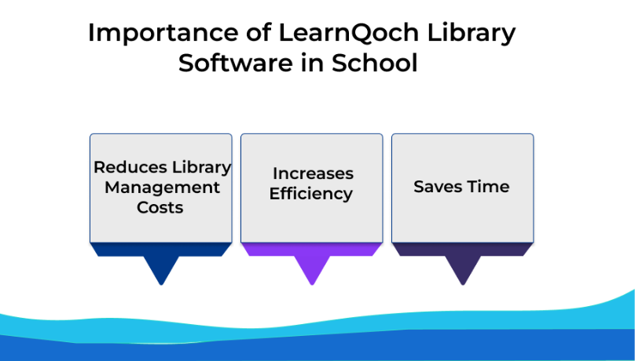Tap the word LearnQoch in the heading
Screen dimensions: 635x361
coord(349,33)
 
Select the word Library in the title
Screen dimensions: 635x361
coord(472,34)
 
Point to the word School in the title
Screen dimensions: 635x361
coord(375,63)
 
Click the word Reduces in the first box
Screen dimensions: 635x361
coord(130,167)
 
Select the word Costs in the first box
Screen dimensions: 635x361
coord(160,207)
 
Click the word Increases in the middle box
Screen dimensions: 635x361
coord(313,173)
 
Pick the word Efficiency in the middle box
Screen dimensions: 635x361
coord(311,194)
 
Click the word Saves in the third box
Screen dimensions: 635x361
coord(438,187)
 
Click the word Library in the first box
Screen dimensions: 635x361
coord(201,168)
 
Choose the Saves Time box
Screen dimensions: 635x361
coord(462,188)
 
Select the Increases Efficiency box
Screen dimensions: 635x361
coord(312,188)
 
